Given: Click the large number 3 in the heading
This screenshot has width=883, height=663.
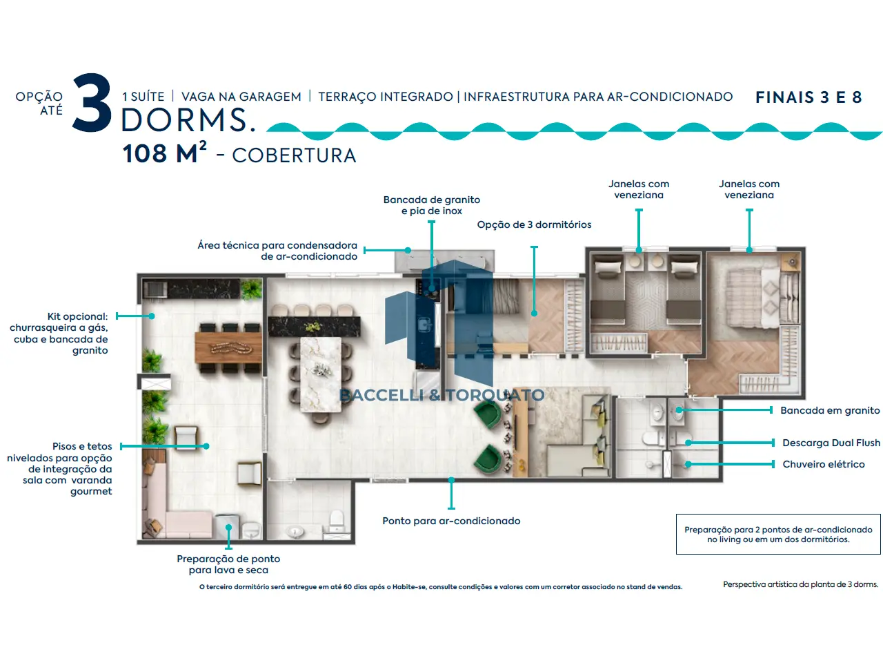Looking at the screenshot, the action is point(92,102).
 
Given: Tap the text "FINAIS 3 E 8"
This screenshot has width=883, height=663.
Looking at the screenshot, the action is point(808,97).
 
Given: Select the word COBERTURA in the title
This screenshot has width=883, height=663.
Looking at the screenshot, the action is point(294,155).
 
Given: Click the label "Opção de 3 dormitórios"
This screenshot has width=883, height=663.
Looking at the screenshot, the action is point(534,224).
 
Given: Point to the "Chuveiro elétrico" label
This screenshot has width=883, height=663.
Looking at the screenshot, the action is point(824,464).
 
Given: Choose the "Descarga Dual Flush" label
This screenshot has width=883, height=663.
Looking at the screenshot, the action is point(831,443).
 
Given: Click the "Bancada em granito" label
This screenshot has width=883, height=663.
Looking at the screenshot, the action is point(830,410).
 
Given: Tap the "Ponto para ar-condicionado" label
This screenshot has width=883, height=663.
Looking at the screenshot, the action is point(451,521).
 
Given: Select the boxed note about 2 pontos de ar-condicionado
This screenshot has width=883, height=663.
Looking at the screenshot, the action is point(778,534).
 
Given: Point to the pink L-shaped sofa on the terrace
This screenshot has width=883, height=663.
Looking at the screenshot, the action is point(173,509).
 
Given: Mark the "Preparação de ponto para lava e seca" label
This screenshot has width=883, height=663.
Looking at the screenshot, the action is point(228,564).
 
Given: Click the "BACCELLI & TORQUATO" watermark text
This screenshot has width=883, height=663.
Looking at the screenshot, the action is point(441,395).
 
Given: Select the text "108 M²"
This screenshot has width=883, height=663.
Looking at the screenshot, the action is point(165,153).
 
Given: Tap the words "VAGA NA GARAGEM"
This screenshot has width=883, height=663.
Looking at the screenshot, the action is point(241,97).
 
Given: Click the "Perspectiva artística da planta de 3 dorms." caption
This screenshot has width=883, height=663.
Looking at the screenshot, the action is point(800,584).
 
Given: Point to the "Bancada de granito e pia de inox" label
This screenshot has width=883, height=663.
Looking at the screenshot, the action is point(431,205).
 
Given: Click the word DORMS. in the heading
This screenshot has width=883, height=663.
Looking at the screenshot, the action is point(188,120).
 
